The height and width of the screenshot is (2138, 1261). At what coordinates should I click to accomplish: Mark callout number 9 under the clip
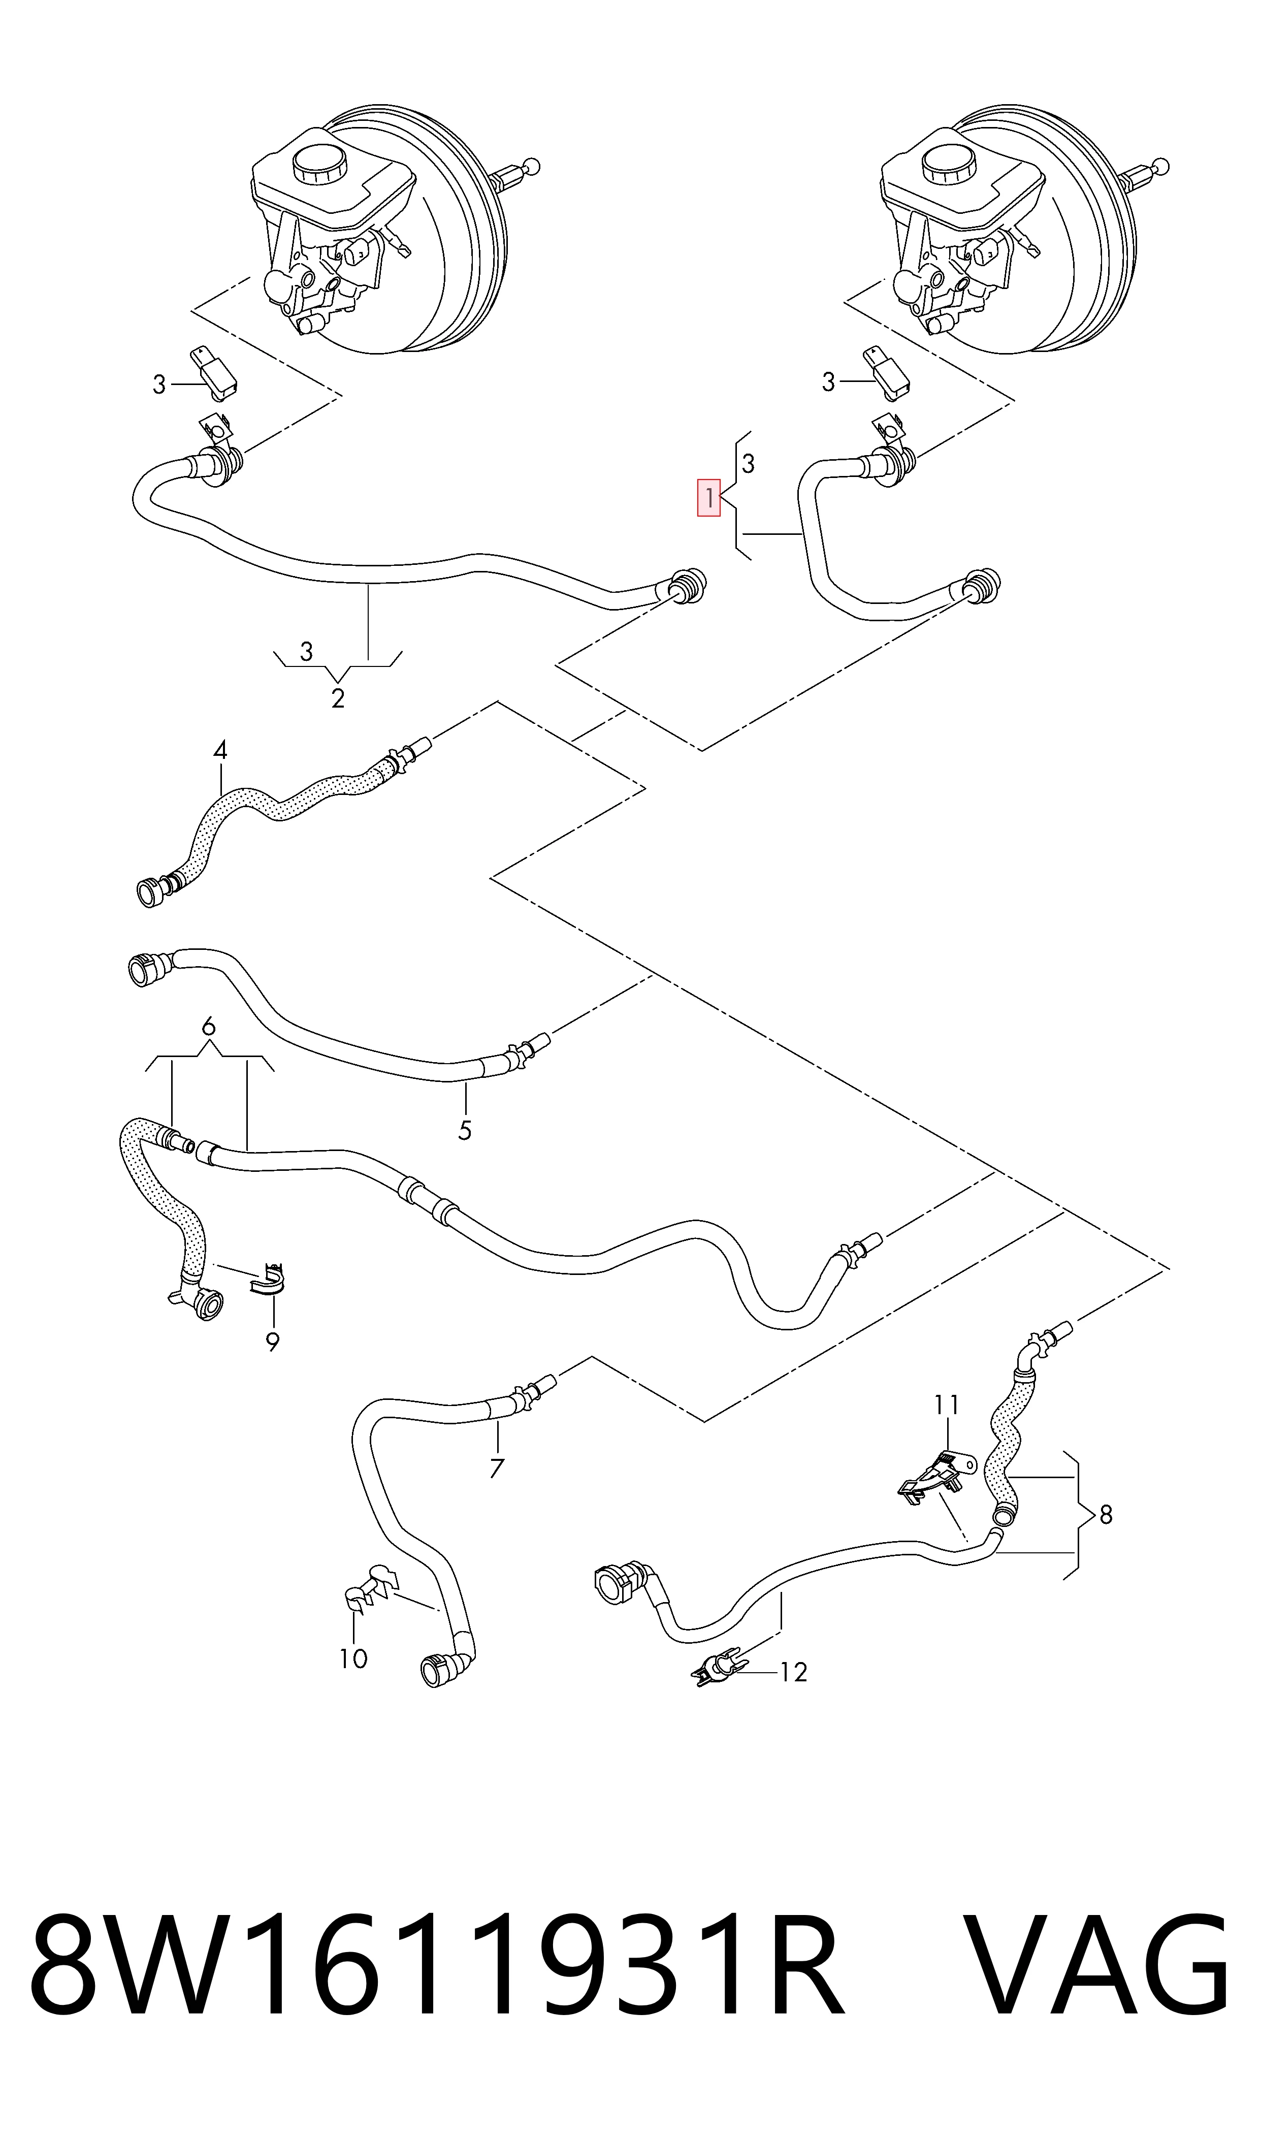273,1343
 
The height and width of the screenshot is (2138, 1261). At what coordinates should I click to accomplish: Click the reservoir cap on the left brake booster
318,163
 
